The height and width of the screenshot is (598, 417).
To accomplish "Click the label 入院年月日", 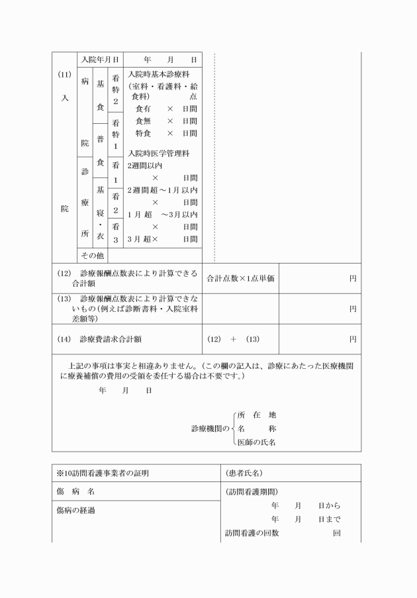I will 99,60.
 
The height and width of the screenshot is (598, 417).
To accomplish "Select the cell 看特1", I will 115,134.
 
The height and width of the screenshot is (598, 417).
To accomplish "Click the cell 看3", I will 115,233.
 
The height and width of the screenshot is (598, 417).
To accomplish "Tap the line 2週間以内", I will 145,166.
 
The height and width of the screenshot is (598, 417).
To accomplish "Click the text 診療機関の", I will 210,428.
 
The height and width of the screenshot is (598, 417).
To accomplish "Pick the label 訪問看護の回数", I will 252,533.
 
